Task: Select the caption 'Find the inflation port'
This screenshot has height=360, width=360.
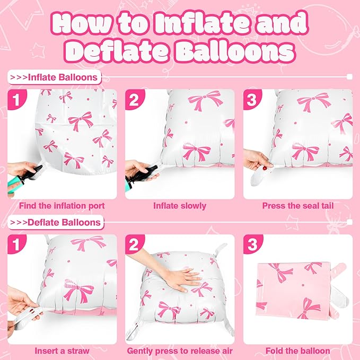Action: click(x=62, y=206)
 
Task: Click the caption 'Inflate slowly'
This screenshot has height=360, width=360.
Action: click(x=180, y=206)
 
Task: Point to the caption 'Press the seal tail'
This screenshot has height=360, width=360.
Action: click(x=297, y=206)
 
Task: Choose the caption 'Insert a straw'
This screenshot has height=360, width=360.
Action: click(x=62, y=350)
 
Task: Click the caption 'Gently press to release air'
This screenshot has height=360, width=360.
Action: click(x=180, y=350)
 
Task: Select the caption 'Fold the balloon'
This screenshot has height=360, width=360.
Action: click(x=297, y=350)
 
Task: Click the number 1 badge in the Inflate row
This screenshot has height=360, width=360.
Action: click(x=16, y=99)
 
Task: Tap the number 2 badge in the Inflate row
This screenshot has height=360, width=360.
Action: click(x=134, y=99)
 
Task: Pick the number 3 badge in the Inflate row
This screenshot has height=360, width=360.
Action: click(x=252, y=99)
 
